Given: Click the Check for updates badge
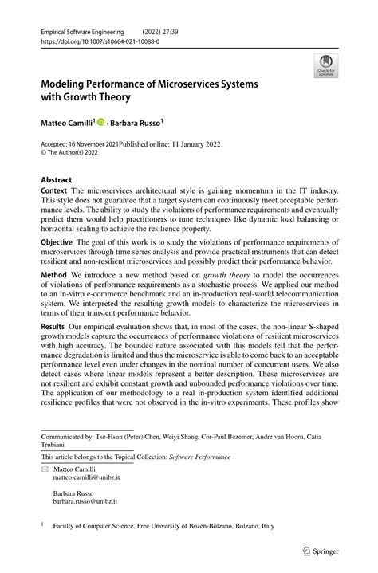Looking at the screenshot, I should pyautogui.click(x=325, y=66).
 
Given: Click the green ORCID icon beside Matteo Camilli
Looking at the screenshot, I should pyautogui.click(x=102, y=123).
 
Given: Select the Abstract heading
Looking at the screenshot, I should pyautogui.click(x=57, y=181).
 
